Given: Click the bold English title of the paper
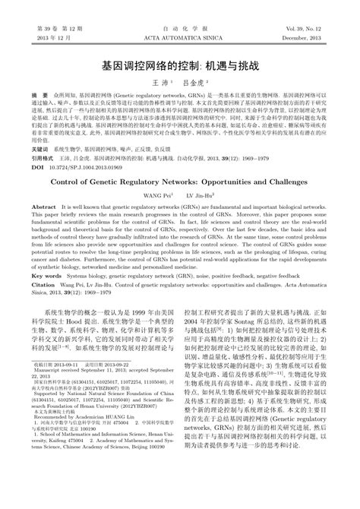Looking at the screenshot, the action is [179, 204].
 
